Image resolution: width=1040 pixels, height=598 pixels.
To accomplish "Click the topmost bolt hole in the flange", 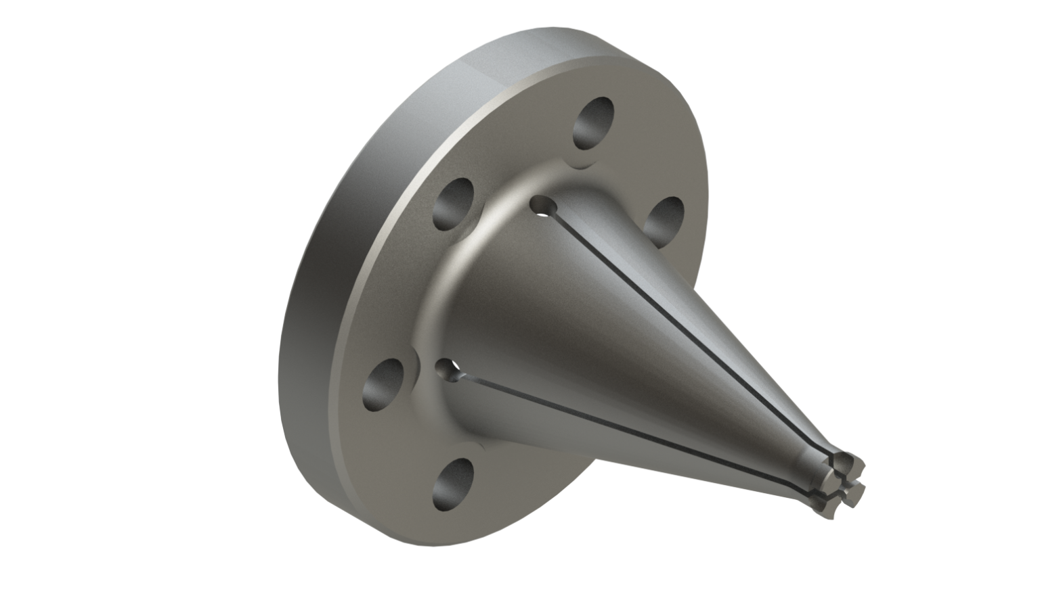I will click(594, 122).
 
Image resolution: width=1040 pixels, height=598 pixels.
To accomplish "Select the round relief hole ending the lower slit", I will click(449, 369).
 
